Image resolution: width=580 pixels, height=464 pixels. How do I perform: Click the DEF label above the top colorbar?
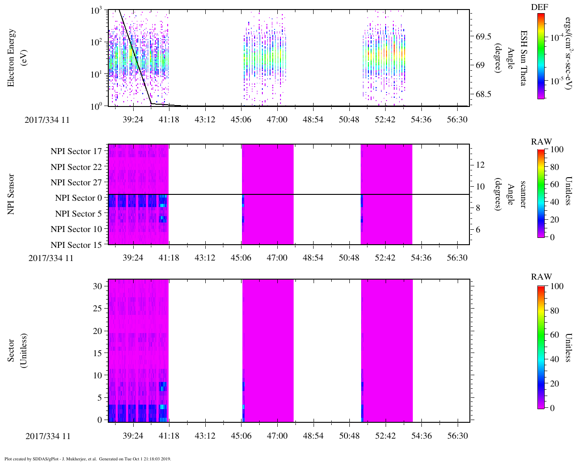[x=540, y=7]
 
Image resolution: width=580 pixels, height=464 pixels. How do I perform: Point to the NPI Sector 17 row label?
[x=77, y=151]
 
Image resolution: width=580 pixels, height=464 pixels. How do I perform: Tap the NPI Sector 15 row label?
[x=77, y=245]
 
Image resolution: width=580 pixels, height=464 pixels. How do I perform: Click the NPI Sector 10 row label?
[x=77, y=229]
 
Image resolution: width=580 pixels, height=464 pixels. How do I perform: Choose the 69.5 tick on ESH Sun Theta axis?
[x=483, y=37]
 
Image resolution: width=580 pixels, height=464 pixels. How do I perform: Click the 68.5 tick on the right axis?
[x=483, y=94]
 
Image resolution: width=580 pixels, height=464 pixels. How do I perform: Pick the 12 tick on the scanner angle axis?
[x=481, y=164]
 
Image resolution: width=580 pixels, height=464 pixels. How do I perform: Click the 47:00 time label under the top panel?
[x=277, y=120]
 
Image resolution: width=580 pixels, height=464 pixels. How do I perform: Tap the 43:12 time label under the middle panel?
[x=205, y=258]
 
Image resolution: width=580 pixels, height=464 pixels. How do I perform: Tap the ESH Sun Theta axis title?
[x=523, y=58]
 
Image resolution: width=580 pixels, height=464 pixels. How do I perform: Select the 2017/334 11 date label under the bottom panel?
[x=48, y=436]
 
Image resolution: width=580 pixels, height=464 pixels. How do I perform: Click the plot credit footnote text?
[x=87, y=459]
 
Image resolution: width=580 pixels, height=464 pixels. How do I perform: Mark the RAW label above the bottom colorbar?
[x=541, y=277]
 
